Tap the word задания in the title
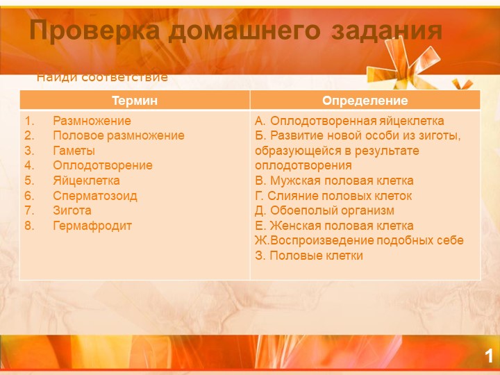coord(387,31)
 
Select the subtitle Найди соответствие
coord(102,76)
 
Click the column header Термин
coord(135,101)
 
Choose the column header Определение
coord(365,101)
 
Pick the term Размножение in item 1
coord(92,121)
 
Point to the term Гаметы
coord(74,151)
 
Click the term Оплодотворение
coord(103,166)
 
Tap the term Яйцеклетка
coord(86,181)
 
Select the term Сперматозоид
coord(95,196)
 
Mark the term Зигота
coord(72,210)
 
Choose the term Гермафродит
coord(92,226)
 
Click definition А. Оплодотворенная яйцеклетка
coord(349,121)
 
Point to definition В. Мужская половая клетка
coord(334,181)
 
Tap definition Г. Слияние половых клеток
coord(333,196)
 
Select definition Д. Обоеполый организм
coord(324,210)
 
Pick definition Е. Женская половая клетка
coord(334,226)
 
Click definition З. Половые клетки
coord(309,256)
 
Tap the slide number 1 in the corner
coord(489,357)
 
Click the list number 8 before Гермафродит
coord(28,226)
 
